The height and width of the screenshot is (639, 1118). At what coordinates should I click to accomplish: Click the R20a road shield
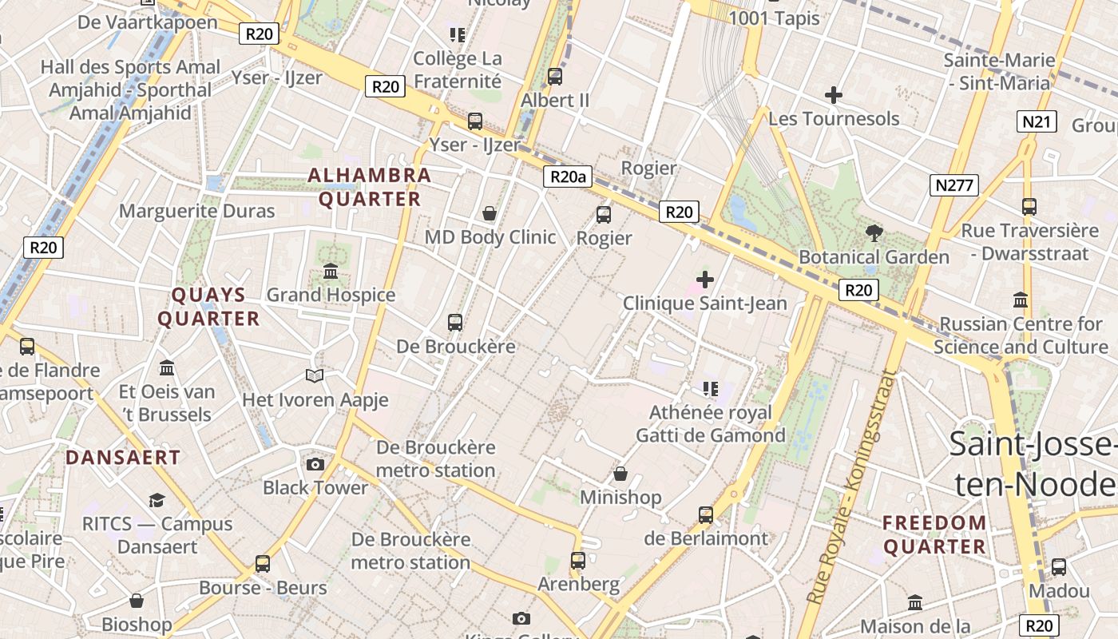point(568,177)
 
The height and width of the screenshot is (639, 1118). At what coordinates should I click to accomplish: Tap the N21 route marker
point(1037,121)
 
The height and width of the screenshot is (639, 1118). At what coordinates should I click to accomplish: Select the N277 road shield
point(954,185)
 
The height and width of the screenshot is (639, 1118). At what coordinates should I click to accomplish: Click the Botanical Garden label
point(874,257)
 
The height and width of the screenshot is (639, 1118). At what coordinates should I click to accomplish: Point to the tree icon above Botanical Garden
point(874,233)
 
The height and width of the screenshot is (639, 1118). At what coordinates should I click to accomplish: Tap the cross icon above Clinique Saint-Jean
point(705,280)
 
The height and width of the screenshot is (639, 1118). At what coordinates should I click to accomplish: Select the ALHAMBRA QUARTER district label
point(370,187)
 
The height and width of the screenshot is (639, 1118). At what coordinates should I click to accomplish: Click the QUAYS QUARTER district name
point(209,307)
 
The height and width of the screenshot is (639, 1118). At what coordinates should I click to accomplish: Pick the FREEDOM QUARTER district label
point(934,534)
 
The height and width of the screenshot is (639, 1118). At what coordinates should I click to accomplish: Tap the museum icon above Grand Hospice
point(331,272)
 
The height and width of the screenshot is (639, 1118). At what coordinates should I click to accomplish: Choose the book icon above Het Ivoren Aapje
point(315,375)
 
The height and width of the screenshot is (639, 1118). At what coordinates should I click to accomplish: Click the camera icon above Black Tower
point(315,464)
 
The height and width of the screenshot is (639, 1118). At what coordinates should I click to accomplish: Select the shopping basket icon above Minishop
point(620,474)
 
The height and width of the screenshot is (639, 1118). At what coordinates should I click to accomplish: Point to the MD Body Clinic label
point(490,237)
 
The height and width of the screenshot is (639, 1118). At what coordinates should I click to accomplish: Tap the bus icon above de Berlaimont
point(705,514)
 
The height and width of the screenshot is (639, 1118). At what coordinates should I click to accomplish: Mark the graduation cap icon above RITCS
point(157,500)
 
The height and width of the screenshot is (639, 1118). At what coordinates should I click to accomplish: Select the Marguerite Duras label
point(196,211)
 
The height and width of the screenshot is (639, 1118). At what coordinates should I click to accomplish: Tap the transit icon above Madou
point(1059,567)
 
